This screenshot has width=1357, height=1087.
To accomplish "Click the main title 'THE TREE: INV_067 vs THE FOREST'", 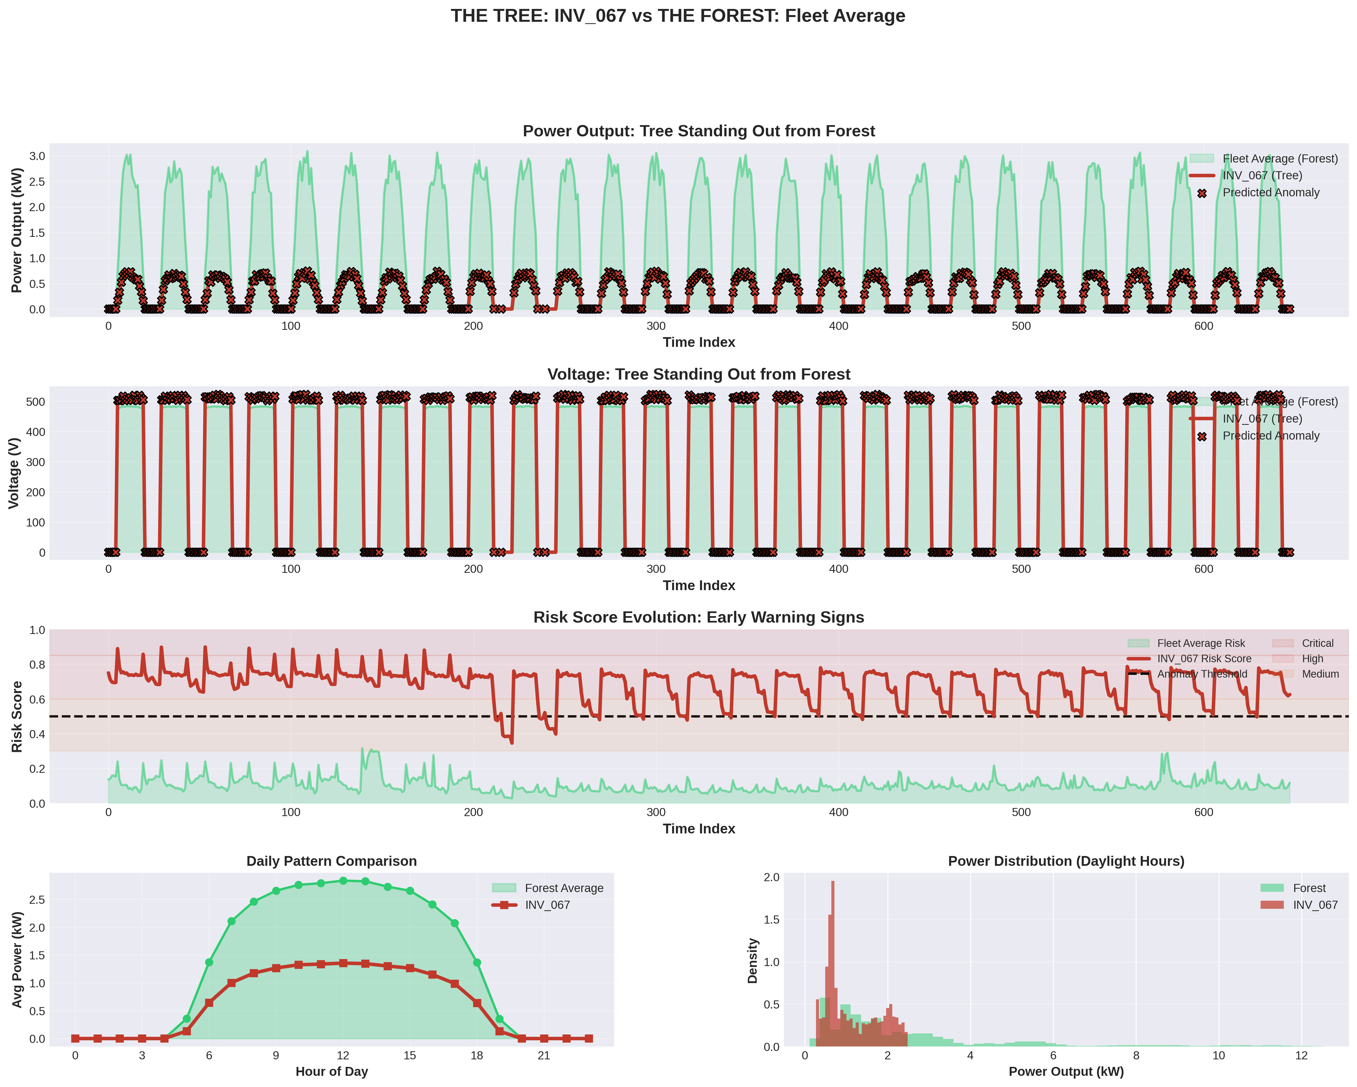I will click(x=678, y=16).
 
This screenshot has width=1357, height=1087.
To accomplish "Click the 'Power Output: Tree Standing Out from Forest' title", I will click(x=699, y=131).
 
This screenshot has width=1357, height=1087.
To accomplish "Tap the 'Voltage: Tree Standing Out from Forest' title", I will click(x=699, y=374).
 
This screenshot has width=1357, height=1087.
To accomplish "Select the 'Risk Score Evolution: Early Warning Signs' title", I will click(x=699, y=617).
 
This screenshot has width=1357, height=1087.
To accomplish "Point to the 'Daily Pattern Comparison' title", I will click(x=332, y=861).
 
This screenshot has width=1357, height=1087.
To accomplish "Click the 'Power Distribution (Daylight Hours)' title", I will click(x=1066, y=861).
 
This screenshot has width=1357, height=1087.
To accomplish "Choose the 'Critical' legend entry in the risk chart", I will click(x=1317, y=643).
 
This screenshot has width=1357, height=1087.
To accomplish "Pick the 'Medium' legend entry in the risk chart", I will click(x=1320, y=674).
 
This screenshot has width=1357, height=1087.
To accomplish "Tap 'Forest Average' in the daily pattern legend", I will click(x=564, y=888).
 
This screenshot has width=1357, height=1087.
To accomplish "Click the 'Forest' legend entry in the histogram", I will click(x=1309, y=888).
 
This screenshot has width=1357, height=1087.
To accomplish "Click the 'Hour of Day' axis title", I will click(x=332, y=1071).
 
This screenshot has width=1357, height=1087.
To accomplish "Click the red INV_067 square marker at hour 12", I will click(x=343, y=963).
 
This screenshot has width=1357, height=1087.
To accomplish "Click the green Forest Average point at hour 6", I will click(x=209, y=962).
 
